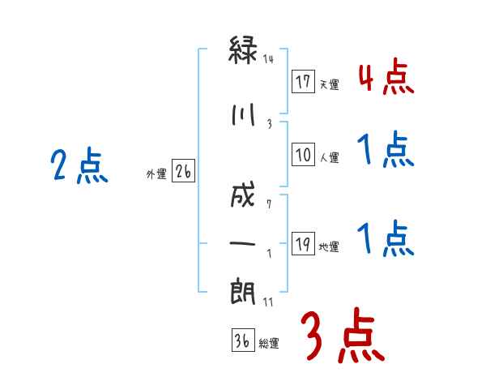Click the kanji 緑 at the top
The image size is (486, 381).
pos(243,49)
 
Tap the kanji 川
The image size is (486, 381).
pos(243,114)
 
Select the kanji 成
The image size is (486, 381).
pos(243,195)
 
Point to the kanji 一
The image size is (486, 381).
pos(242,243)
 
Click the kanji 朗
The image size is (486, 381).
pos(243,292)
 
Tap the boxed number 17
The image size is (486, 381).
pos(303,81)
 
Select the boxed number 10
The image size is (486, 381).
pos(303,154)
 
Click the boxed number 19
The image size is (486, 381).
pos(303,243)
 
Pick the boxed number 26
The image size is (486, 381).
pos(183,171)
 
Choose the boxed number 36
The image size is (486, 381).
pos(243,340)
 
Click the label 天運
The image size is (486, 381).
pos(329,84)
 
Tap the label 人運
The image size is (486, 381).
pos(329,157)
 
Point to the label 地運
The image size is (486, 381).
pos(329,247)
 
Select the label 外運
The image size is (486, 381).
pos(156,174)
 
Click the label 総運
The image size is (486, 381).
pos(269,344)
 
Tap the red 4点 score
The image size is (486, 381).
pos(386,77)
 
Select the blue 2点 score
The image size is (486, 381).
pos(79,165)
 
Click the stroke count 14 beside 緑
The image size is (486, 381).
pos(268,59)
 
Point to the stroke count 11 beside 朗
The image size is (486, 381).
pos(268,302)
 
